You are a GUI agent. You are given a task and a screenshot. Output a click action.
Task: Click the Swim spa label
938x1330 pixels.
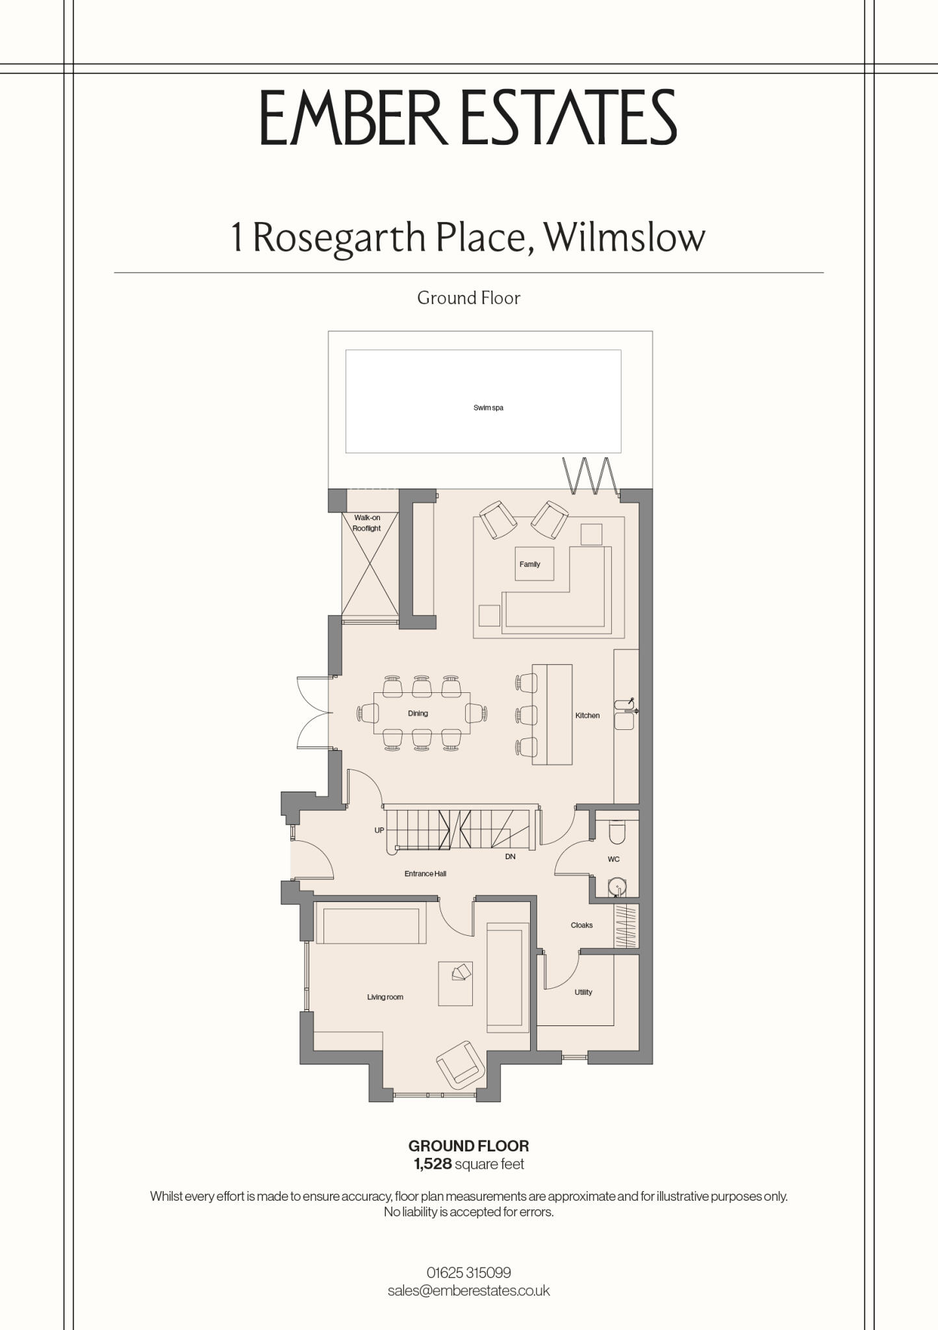[x=488, y=408]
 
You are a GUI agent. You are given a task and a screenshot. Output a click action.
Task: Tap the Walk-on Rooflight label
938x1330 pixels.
[x=367, y=523]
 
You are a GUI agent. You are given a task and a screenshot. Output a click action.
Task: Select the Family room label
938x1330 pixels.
[x=529, y=564]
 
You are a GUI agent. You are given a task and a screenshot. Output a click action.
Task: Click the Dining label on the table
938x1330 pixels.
[x=418, y=713]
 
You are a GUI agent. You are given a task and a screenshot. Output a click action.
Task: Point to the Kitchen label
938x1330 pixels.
[x=587, y=715]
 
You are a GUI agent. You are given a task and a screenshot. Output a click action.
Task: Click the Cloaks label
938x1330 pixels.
[x=581, y=925]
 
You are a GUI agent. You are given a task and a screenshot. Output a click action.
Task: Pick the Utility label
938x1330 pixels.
[x=583, y=992]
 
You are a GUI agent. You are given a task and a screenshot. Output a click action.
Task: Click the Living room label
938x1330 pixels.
[x=385, y=997]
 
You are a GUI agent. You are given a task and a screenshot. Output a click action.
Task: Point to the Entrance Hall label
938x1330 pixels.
[x=425, y=873]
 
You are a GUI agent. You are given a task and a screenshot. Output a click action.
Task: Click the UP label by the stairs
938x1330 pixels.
[x=379, y=830]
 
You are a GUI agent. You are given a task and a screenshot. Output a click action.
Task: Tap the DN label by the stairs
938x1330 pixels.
[x=510, y=857]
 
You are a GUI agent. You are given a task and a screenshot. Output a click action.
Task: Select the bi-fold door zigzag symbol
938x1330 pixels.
[x=590, y=475]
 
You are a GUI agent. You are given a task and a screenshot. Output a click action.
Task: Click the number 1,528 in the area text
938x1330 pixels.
[x=433, y=1164]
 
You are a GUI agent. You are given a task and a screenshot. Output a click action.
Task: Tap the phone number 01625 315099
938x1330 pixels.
[x=469, y=1272]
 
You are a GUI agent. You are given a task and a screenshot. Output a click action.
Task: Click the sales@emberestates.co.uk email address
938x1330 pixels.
[x=469, y=1290]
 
